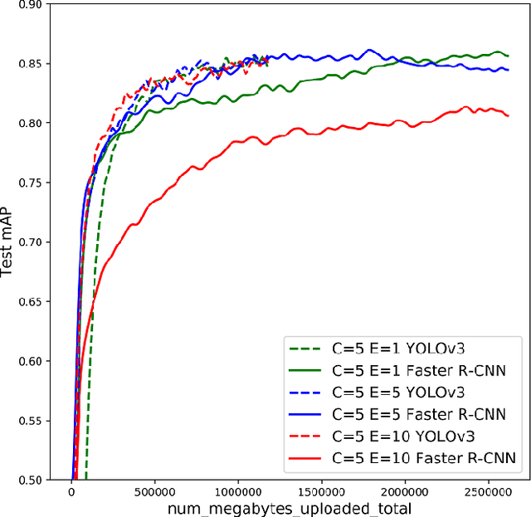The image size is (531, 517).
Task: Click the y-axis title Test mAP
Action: click(9, 241)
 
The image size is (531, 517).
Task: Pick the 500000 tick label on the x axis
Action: click(154, 491)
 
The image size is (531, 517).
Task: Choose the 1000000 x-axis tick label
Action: click(238, 491)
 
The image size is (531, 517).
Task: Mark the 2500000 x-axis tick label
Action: click(489, 491)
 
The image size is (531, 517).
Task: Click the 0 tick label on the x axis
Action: click(71, 491)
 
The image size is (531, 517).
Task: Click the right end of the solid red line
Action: click(509, 115)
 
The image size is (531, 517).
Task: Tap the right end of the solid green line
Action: click(508, 56)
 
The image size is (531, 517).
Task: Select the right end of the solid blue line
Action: click(509, 71)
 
